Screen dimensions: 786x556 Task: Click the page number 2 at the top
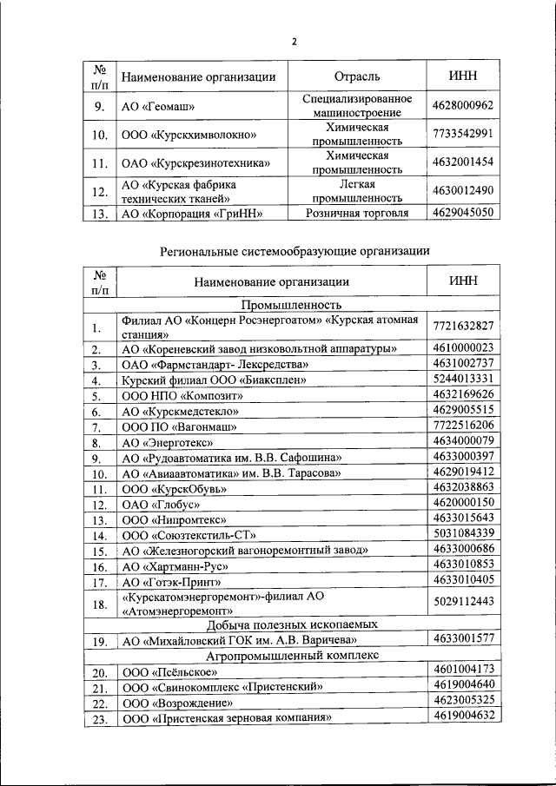[x=294, y=41]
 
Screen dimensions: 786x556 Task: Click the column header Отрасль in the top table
[x=356, y=76]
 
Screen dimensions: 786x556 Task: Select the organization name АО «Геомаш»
[x=157, y=108]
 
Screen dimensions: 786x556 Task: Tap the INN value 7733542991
[x=462, y=134]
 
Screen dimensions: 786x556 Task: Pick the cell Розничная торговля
[x=357, y=212]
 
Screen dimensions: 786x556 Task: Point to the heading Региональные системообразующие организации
[x=295, y=250]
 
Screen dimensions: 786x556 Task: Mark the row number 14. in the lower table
[x=98, y=536]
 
